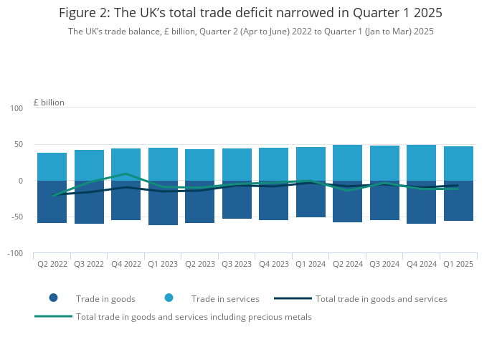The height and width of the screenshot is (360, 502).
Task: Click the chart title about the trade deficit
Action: click(x=250, y=14)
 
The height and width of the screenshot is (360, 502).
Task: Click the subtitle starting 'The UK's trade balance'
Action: click(x=250, y=32)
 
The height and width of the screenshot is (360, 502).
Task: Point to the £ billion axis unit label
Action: click(x=49, y=103)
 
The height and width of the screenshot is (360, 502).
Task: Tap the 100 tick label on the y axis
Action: click(x=16, y=108)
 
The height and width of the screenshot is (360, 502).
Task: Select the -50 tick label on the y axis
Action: click(x=16, y=217)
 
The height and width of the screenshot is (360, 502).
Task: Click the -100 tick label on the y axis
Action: click(x=14, y=254)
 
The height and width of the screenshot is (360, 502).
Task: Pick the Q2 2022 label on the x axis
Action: click(x=52, y=264)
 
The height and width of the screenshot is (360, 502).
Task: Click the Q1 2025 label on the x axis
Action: click(x=458, y=264)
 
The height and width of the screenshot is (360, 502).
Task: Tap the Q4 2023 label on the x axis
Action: click(x=273, y=264)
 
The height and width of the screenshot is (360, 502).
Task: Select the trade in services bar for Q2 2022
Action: click(x=52, y=166)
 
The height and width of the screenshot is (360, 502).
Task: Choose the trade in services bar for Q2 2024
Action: click(x=347, y=163)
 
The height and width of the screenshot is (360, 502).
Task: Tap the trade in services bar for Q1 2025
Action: click(x=458, y=164)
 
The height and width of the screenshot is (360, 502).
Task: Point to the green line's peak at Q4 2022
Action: click(x=126, y=174)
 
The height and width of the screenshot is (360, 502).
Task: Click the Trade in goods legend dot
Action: click(x=53, y=298)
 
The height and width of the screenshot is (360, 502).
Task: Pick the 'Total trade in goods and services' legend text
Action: click(x=381, y=298)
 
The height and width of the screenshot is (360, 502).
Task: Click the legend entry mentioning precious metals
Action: click(x=194, y=316)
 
